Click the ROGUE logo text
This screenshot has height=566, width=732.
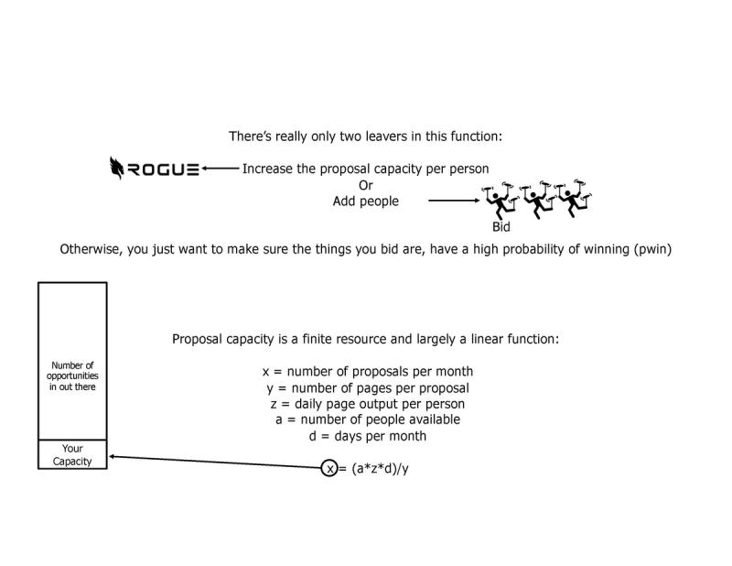click(x=164, y=169)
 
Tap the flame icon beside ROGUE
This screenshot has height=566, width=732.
click(x=117, y=168)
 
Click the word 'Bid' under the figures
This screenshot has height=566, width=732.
click(x=501, y=227)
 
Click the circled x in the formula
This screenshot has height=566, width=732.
click(x=330, y=469)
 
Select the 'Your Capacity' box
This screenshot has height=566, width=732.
click(x=72, y=454)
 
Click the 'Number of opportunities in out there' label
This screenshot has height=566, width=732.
click(x=72, y=376)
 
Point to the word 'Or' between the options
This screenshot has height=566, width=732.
click(x=365, y=185)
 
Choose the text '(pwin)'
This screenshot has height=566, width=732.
click(x=652, y=248)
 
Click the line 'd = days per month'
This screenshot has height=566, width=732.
click(x=367, y=436)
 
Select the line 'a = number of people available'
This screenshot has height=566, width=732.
click(x=367, y=419)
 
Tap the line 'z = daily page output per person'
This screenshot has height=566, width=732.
click(x=367, y=404)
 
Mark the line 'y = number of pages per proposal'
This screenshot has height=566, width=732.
click(x=367, y=387)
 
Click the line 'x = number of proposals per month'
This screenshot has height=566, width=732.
click(x=367, y=371)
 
